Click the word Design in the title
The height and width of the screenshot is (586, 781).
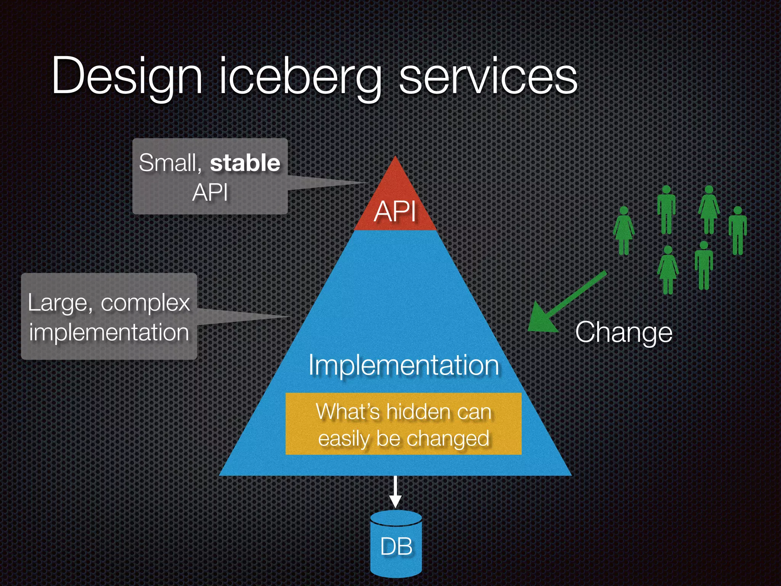point(127,76)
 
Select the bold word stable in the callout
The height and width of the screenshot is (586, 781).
point(245,163)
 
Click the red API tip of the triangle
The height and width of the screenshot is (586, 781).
point(395,206)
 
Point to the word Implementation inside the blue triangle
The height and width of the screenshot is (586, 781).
point(403,365)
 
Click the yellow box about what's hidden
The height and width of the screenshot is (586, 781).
point(403,423)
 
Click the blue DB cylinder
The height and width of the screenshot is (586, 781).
point(396,546)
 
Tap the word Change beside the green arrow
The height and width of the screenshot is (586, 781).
point(624,333)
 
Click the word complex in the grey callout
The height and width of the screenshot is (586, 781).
point(145,304)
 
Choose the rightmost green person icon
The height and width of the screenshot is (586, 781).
point(738,230)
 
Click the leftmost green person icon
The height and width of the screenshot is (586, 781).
point(624,230)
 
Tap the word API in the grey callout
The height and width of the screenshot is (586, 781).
point(210,192)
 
